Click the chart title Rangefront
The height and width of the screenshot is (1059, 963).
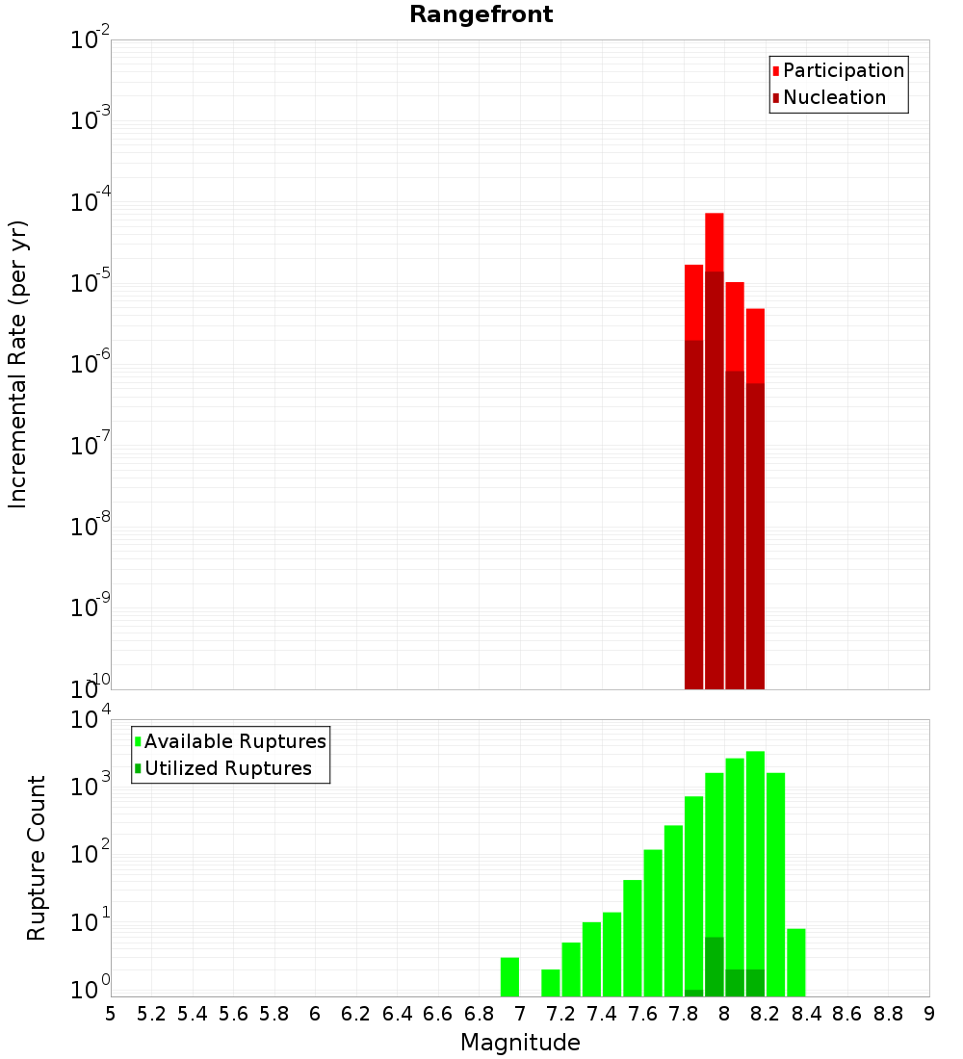[481, 14]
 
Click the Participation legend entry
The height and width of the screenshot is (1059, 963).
[843, 70]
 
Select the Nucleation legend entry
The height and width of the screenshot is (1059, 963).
[833, 97]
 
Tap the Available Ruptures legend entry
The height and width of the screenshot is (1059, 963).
[234, 741]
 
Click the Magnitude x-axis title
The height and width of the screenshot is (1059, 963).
[520, 1043]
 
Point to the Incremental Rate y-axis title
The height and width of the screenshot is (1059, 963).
[18, 365]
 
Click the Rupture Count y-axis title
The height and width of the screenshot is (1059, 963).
[37, 858]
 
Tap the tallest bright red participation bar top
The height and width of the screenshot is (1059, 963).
[714, 216]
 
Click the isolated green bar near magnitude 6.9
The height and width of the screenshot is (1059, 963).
[509, 976]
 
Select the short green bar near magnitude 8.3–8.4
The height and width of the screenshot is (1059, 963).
[795, 962]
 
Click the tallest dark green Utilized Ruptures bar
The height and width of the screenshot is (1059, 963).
[714, 966]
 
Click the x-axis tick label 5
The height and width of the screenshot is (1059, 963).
[111, 1014]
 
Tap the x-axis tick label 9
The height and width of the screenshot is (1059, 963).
[929, 1014]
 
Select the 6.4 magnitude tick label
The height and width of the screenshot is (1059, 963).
[397, 1014]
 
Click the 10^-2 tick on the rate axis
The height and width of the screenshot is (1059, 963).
[91, 40]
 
